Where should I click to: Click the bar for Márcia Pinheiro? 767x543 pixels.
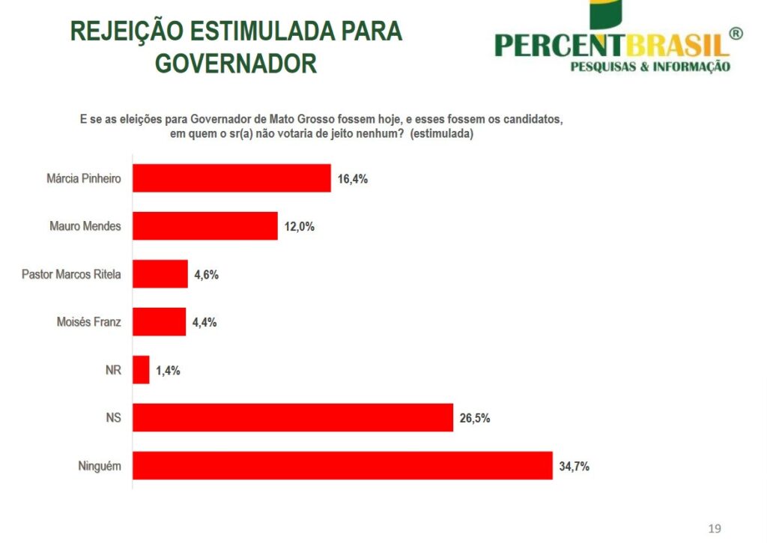[x=231, y=178]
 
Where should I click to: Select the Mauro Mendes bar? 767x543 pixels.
[x=205, y=226]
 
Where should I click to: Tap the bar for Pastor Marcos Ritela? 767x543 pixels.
[x=160, y=274]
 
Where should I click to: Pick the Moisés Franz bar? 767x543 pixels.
[x=159, y=322]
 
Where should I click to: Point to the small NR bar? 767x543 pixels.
[x=142, y=370]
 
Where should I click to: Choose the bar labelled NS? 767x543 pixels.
[x=293, y=418]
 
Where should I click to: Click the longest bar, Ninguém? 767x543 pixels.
[x=342, y=466]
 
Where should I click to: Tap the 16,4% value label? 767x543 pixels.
[x=352, y=179]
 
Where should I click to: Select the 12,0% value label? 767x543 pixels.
[x=299, y=227]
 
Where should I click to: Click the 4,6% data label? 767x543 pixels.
[x=206, y=275]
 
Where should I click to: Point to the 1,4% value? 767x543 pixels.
[x=168, y=371]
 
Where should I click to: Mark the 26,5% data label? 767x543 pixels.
[x=475, y=419]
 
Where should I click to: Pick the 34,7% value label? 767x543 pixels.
[x=574, y=467]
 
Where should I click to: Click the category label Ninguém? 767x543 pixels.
[x=100, y=466]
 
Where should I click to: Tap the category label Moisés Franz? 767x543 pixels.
[x=89, y=322]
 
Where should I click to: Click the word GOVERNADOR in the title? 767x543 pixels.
[x=235, y=64]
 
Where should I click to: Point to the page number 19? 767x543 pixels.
[x=715, y=529]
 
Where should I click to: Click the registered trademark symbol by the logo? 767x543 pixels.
[x=736, y=34]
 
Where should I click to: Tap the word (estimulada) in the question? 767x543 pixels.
[x=442, y=133]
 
